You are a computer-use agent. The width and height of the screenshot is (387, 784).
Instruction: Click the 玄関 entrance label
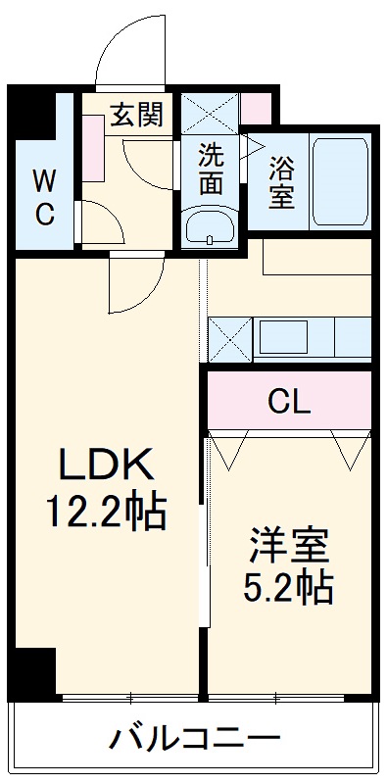tap(129, 115)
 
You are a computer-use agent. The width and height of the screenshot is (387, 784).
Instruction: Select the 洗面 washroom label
tap(210, 168)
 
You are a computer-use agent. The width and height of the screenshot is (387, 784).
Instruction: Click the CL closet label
tap(289, 401)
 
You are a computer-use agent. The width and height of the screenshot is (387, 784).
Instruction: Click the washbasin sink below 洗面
tap(210, 227)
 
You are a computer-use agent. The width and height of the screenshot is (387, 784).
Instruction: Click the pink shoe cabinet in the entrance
tap(95, 147)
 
